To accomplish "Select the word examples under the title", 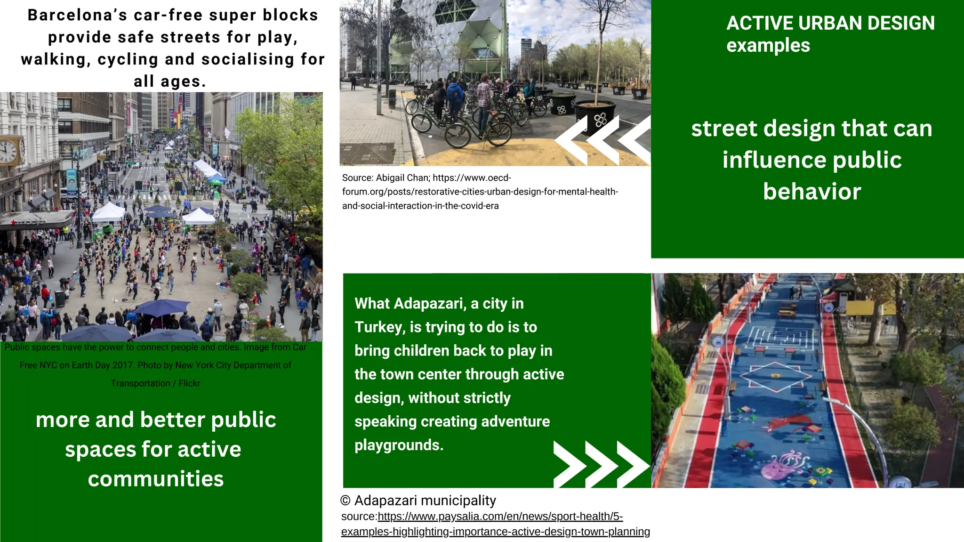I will tap(768, 46).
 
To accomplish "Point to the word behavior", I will tap(812, 192).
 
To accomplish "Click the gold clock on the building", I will tap(9, 151).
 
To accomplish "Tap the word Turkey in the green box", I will tap(379, 327).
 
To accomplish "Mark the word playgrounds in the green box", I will tap(399, 445).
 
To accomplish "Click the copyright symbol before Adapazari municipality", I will tap(345, 501).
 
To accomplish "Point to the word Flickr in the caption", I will tap(189, 383).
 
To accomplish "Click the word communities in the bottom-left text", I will tap(156, 479).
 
